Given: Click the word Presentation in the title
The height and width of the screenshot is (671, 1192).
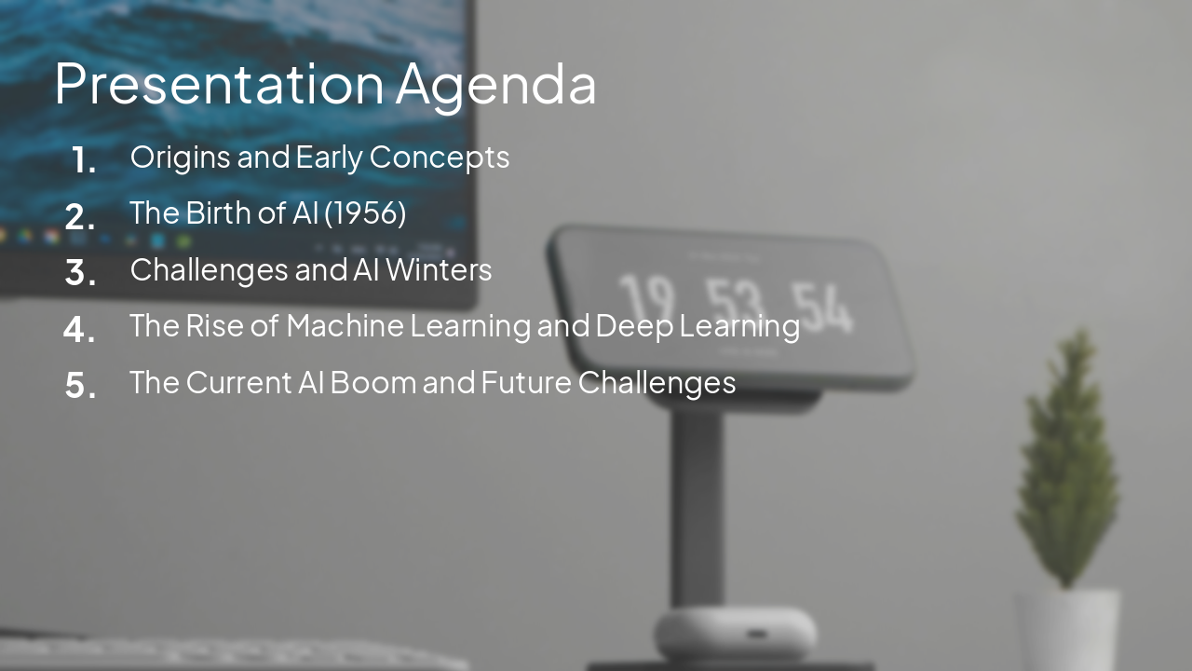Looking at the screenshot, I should (219, 84).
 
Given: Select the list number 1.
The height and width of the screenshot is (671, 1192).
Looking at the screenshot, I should (84, 160).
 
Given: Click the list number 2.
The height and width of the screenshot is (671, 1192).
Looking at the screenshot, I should (81, 217).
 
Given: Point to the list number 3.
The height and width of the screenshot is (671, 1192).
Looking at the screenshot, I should (81, 273).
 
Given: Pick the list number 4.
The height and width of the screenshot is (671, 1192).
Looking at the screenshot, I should (80, 329).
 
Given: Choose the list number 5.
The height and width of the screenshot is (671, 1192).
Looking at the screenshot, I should (81, 385).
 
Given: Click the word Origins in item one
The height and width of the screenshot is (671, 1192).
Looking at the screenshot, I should (181, 157).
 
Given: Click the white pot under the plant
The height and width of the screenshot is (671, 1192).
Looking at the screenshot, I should (1067, 629).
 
